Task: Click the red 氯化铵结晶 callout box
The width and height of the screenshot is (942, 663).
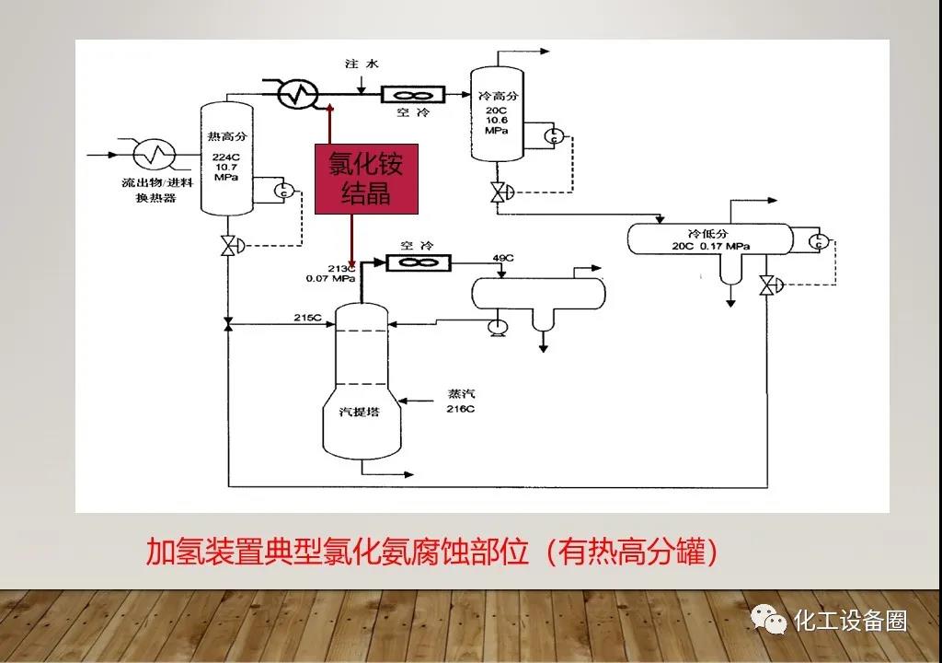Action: [x=366, y=179]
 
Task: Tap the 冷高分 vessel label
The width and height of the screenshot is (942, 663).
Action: [x=497, y=95]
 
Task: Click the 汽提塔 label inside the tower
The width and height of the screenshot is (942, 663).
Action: [x=361, y=412]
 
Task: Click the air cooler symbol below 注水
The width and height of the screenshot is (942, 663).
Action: [x=413, y=94]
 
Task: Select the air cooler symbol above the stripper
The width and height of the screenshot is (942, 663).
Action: [x=418, y=263]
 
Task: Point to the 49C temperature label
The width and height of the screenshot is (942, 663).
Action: [x=503, y=257]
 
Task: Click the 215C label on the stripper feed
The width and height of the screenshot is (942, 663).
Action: [x=307, y=318]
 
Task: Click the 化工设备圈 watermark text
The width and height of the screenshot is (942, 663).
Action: [x=850, y=621]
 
